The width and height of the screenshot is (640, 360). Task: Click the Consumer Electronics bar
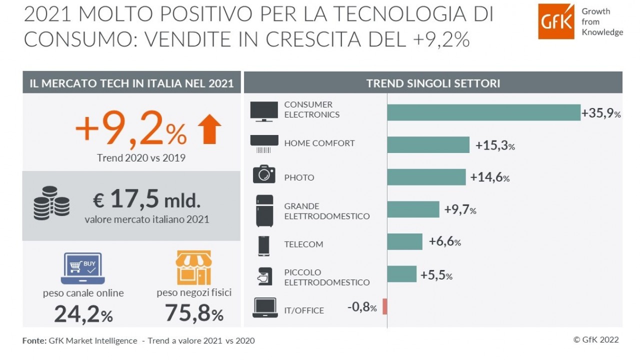point(483,112)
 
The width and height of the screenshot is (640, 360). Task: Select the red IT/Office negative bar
point(384,306)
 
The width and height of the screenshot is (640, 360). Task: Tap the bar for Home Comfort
point(428,145)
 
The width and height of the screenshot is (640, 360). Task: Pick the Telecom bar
point(404,241)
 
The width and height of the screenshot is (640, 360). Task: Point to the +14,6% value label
point(489,177)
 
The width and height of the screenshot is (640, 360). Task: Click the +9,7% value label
point(460,209)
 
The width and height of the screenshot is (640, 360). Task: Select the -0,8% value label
point(362,307)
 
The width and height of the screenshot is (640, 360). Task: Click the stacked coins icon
point(51,203)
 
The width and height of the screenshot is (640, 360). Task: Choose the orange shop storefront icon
point(193,268)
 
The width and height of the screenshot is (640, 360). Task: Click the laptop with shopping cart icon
point(83,268)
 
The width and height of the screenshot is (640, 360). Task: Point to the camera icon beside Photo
point(263,174)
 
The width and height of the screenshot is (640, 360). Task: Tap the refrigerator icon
point(264,210)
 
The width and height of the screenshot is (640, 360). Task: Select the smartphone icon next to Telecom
point(263,245)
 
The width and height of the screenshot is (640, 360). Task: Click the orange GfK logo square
point(556,21)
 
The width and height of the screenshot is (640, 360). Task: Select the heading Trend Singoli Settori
point(433,83)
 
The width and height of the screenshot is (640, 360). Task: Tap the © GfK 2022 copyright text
point(595,340)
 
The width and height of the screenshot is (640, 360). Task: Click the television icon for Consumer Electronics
point(263,111)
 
